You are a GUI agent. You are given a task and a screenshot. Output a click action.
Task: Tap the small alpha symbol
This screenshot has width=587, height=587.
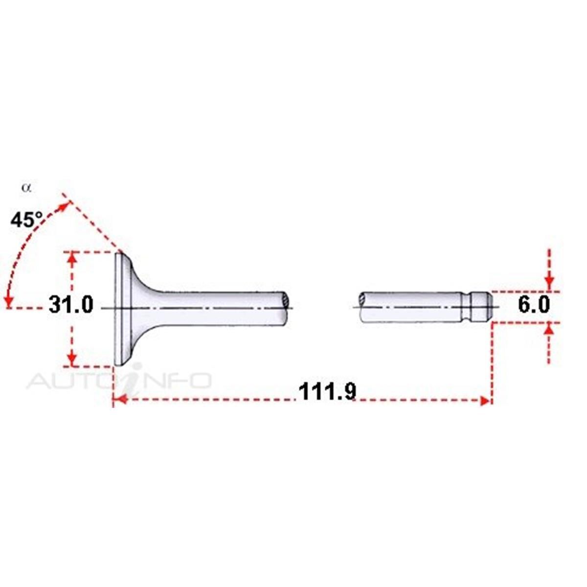pos(26,188)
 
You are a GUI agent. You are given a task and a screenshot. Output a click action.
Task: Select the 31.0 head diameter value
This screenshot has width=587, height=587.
pos(70,305)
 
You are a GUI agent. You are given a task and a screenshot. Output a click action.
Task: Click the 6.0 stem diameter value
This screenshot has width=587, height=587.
pos(534,305)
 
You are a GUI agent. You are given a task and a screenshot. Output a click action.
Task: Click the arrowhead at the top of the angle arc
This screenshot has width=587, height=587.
pos(63,207)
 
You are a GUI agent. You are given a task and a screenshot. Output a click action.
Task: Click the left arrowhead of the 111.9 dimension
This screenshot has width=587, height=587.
pos(121,401)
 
